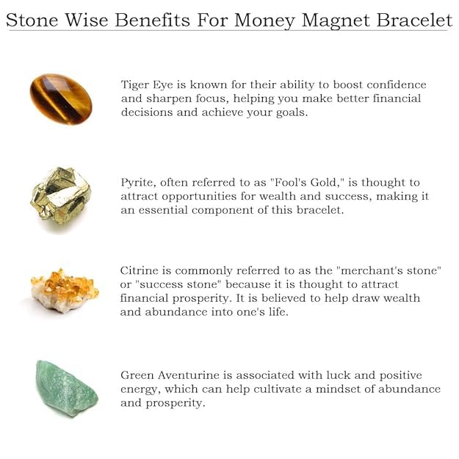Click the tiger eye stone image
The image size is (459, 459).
tap(61, 99)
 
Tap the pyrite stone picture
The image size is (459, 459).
tap(61, 196)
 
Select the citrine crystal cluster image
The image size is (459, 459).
tap(65, 291)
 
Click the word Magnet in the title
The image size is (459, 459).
tap(336, 21)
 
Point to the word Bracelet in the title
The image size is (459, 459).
tap(414, 20)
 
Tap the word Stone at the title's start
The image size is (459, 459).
tap(32, 20)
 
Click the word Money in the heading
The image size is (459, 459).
tap(264, 21)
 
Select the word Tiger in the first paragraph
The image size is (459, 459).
tap(134, 85)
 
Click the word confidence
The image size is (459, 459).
tap(397, 84)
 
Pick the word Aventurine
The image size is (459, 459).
tap(188, 375)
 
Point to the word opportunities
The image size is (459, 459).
tap(199, 197)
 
